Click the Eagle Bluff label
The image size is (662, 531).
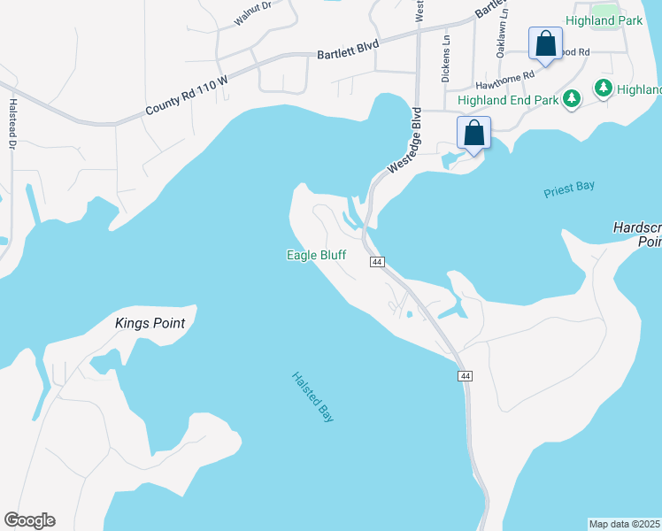(316, 256)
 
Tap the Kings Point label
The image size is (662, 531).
(150, 323)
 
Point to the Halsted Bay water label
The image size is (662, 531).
(313, 396)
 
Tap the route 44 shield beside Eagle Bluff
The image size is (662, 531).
(378, 262)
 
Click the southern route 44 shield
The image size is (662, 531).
(464, 376)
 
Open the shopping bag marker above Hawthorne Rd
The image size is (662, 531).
(545, 43)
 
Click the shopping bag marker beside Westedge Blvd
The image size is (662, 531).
(473, 134)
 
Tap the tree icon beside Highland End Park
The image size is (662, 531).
(572, 98)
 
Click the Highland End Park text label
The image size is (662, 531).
(508, 100)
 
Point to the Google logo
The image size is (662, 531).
(29, 520)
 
